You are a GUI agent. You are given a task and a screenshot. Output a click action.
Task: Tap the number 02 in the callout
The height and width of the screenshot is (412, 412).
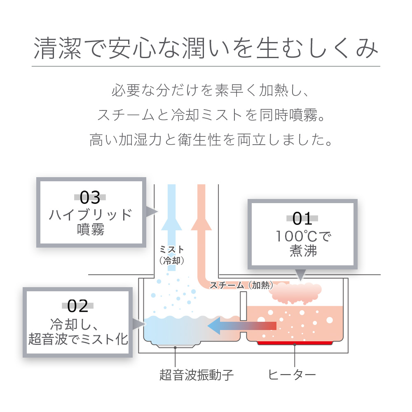click(78, 306)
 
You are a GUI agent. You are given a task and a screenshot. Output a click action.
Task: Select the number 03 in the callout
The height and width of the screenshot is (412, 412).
click(90, 197)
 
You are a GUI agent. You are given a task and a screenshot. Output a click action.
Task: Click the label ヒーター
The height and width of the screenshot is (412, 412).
click(292, 375)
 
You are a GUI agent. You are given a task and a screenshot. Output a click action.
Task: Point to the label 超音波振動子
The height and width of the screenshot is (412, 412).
click(197, 375)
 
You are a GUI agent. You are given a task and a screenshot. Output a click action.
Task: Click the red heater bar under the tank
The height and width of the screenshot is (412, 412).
click(295, 343)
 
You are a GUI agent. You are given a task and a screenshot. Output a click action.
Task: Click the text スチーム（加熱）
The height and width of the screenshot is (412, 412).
click(241, 285)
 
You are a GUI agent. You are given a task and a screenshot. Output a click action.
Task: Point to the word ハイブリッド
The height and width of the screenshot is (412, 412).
click(91, 215)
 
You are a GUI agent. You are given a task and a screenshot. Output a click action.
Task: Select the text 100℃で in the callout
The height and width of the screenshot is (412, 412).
click(303, 236)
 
